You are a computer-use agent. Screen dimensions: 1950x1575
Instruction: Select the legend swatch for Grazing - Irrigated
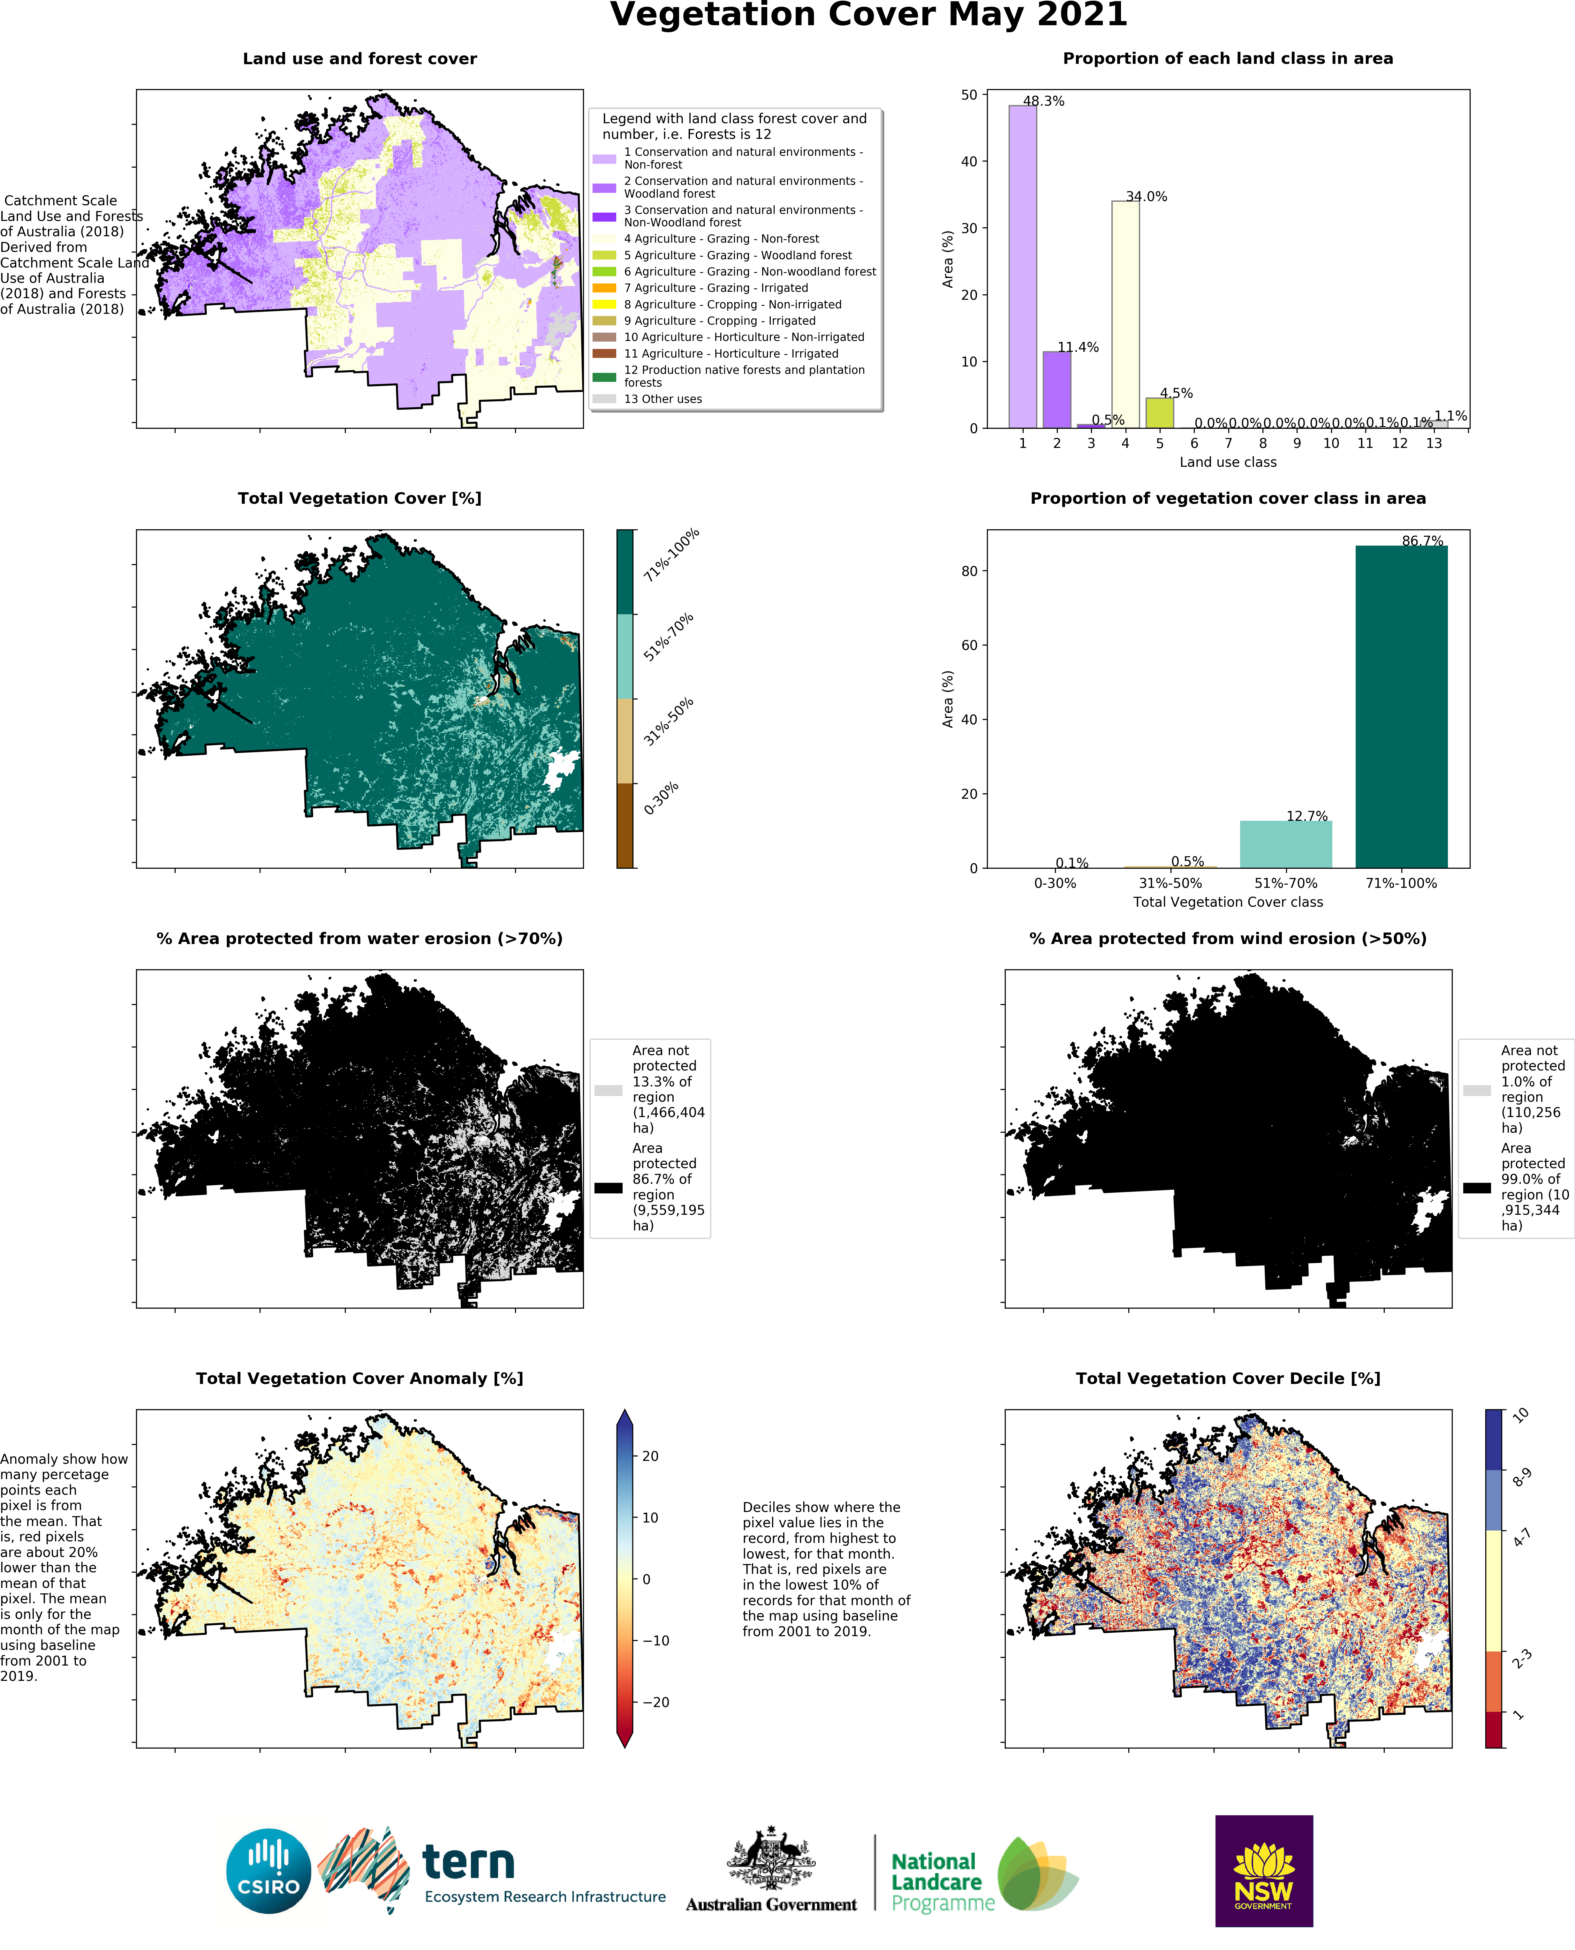(x=604, y=288)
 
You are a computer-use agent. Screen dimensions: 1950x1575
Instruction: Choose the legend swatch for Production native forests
(x=604, y=376)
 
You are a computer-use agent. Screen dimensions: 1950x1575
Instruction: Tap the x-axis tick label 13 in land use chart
(x=1434, y=443)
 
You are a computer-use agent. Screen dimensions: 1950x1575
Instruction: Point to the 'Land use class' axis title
(x=1228, y=463)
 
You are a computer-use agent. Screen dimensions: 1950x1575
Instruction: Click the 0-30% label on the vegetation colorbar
(x=662, y=798)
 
